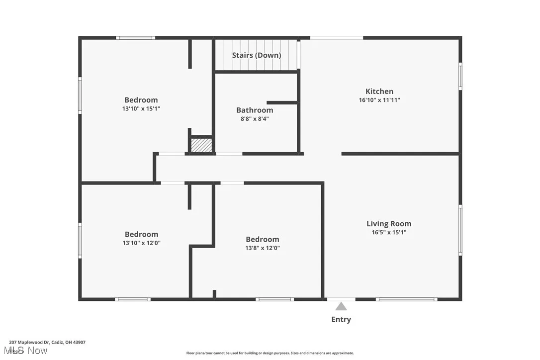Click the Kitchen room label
click(x=379, y=91)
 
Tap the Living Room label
click(x=389, y=224)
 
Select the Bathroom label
click(x=255, y=110)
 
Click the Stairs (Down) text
click(x=257, y=55)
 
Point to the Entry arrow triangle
click(x=341, y=306)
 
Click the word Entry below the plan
click(x=341, y=320)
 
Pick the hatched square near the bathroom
click(x=202, y=145)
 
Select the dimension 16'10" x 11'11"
click(x=379, y=100)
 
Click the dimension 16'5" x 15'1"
click(x=389, y=232)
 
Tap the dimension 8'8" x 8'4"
click(x=255, y=119)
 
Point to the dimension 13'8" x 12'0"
click(x=263, y=248)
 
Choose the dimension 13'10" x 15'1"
click(x=141, y=108)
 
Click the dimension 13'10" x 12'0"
click(x=141, y=243)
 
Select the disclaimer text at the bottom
click(x=270, y=353)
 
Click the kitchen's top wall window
click(x=337, y=38)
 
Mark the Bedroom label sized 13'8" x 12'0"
click(x=263, y=240)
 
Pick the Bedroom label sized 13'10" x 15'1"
click(x=141, y=100)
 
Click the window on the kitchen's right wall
click(x=460, y=76)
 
